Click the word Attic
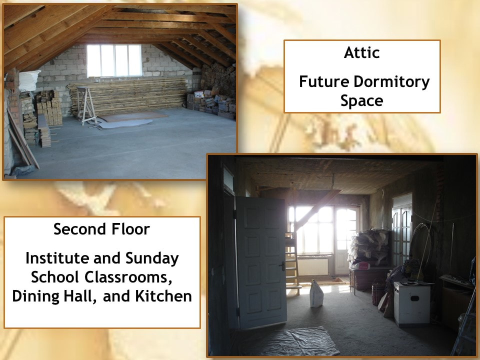pos(362,52)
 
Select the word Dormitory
pos(391,82)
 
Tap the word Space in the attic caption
pos(362,101)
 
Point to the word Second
pos(80,229)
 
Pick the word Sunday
pos(152,258)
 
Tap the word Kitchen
pos(163,296)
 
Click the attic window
pos(114,60)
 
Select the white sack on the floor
pos(316,294)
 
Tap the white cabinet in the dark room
pos(411,303)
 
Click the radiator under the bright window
pos(312,266)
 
